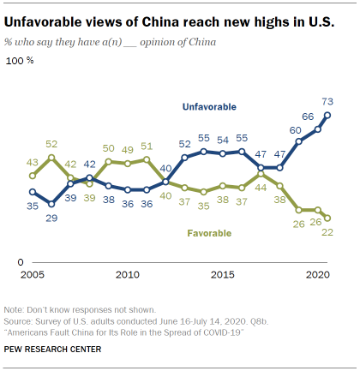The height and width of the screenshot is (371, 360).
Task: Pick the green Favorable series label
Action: coord(212,231)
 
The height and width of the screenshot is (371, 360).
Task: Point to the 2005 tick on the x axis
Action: coord(32,274)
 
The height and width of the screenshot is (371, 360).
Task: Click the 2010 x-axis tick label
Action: coord(127,274)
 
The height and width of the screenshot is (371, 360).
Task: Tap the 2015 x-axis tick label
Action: coord(223,274)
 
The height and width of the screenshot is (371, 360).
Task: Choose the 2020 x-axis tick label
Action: coord(318,274)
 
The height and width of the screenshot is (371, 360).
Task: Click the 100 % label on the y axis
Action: coord(21,62)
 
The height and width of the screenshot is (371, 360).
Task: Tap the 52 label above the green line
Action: coord(51,145)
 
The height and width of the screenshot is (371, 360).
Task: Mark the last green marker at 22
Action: coord(327,218)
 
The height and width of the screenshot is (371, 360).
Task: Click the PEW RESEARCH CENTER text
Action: coord(54,349)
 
